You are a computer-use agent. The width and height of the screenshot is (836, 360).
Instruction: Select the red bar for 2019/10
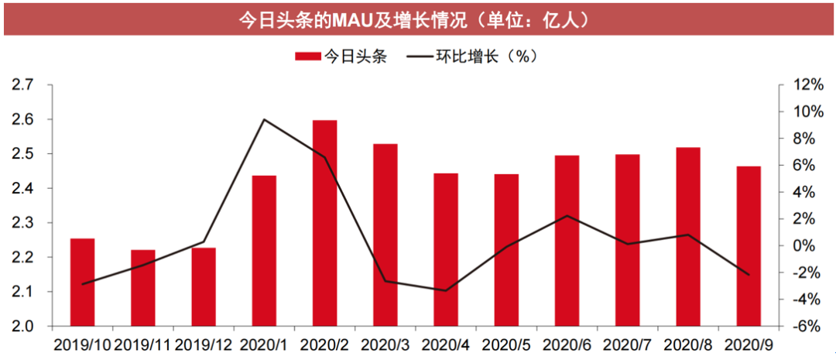(82, 282)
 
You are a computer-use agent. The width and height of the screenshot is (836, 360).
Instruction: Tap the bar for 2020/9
(749, 246)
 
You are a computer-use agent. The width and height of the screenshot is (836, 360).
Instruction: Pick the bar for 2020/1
(264, 251)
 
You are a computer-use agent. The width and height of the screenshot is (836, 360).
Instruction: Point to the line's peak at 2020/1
(264, 119)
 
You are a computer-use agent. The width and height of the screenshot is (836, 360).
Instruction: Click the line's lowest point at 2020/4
(446, 290)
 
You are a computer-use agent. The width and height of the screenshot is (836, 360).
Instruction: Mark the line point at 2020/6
(567, 216)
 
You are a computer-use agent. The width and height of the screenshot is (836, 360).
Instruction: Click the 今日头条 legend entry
(341, 56)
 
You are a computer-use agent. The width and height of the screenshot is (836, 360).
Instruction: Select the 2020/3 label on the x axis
(385, 342)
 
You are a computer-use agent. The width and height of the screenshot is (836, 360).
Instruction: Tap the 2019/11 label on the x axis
(142, 342)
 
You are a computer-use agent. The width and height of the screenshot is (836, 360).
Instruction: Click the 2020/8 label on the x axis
(687, 342)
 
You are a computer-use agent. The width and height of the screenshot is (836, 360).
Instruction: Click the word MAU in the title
(353, 19)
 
